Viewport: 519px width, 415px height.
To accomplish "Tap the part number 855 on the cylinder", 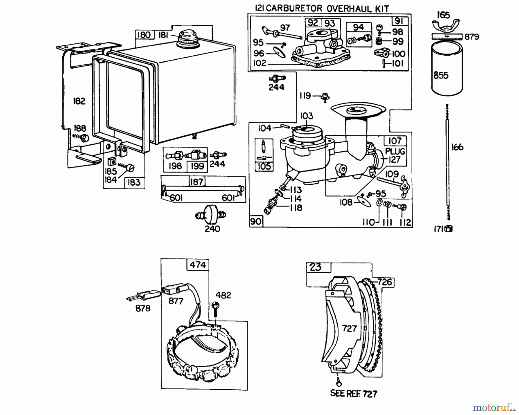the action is (x=441, y=76).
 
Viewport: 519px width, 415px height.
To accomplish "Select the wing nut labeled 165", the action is (x=445, y=25).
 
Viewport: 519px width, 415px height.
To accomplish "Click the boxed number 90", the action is (x=256, y=221).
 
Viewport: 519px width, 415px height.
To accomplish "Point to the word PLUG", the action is (x=395, y=151).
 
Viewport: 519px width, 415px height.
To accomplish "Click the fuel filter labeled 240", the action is (x=210, y=214).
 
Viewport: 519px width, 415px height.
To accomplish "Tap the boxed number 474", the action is (x=198, y=265).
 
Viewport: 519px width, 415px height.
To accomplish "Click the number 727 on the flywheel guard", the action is (x=349, y=329).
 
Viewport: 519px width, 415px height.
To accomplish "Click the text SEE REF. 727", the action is (x=353, y=394).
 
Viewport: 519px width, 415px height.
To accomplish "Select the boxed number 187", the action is (x=197, y=182).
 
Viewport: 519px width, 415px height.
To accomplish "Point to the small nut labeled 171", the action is (x=449, y=229).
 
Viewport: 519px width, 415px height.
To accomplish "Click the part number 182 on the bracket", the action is (x=79, y=101).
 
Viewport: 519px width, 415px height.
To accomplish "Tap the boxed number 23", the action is (x=315, y=267).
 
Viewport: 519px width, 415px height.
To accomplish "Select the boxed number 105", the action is (x=264, y=166).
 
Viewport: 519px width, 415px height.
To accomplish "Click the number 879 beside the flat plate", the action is (x=472, y=37).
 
